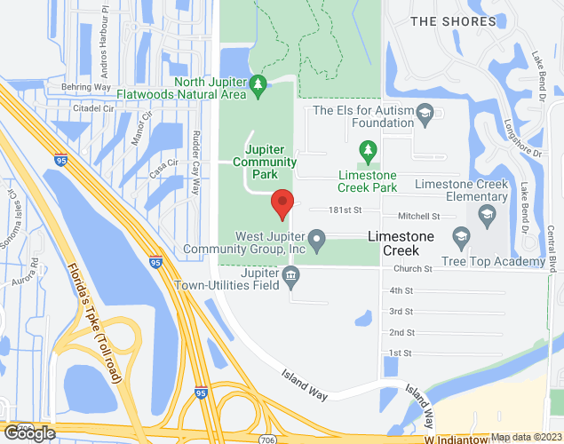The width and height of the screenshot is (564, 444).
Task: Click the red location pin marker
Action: click(282, 204)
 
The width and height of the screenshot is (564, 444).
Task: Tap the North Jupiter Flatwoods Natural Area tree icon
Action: click(258, 85)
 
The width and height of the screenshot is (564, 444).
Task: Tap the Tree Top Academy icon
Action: click(460, 236)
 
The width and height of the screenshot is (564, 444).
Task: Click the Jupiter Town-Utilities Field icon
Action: click(290, 279)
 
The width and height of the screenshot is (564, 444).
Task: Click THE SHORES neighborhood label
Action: click(453, 21)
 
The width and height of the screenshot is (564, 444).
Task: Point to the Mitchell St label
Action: click(419, 216)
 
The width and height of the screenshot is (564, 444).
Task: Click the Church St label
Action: click(414, 268)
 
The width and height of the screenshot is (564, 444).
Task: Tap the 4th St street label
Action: click(401, 290)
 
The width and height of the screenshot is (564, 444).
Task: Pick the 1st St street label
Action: click(401, 353)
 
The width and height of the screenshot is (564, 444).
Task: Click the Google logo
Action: click(29, 433)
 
